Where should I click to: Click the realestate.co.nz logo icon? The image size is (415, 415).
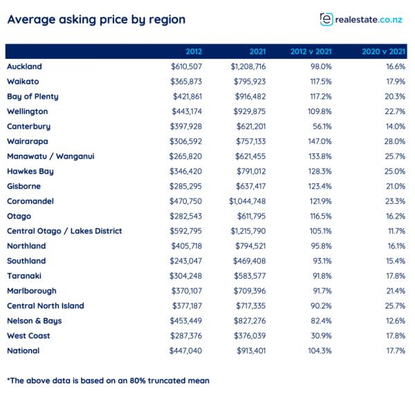point(326,19)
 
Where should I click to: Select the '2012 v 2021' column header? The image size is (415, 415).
point(311,52)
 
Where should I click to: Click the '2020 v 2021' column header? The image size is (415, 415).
point(383,52)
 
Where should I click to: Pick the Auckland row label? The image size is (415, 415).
point(24,66)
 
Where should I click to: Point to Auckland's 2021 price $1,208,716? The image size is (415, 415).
point(248,66)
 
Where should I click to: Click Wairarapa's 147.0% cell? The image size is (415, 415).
point(320,141)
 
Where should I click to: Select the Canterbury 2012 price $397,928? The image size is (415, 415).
point(186,127)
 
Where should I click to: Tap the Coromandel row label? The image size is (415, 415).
point(30,201)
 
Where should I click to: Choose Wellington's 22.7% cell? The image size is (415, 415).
point(395,111)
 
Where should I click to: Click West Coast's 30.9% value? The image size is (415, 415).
point(321,336)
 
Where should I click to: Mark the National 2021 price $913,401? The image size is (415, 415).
point(251,351)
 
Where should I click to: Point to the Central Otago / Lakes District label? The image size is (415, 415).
point(64,231)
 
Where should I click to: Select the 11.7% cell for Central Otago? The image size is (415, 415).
point(396,231)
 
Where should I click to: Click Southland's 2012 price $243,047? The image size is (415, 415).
point(186,261)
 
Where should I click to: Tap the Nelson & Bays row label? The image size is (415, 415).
point(35,321)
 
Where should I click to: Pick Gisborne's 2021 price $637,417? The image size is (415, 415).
point(250,186)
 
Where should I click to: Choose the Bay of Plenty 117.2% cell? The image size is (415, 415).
point(321,97)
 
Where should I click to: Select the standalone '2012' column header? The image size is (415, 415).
point(194,52)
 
